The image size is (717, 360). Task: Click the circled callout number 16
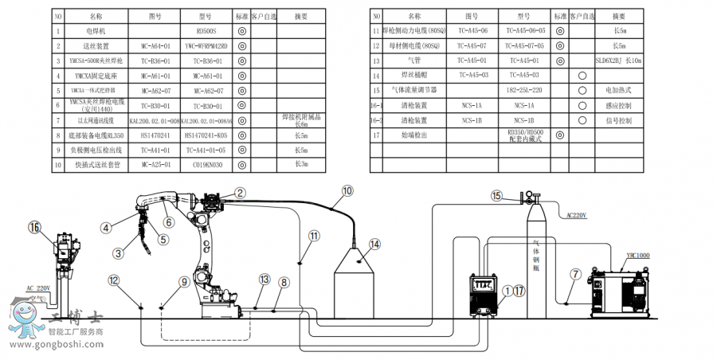point(33,227)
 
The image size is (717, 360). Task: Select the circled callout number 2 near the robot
point(240,192)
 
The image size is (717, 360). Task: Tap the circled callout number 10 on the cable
point(347,191)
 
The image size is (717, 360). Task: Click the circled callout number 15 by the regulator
point(496,195)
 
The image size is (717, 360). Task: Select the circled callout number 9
point(184,281)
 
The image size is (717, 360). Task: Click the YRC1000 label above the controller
point(637,256)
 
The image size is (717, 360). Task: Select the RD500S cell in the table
point(206,31)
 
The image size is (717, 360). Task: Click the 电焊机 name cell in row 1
point(96,31)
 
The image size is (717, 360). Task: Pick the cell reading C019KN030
point(206,165)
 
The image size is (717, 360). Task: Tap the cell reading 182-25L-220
point(525,90)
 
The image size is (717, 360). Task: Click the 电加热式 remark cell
point(618,90)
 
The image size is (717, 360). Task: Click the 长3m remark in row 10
point(301,165)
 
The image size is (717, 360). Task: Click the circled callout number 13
point(264,280)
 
